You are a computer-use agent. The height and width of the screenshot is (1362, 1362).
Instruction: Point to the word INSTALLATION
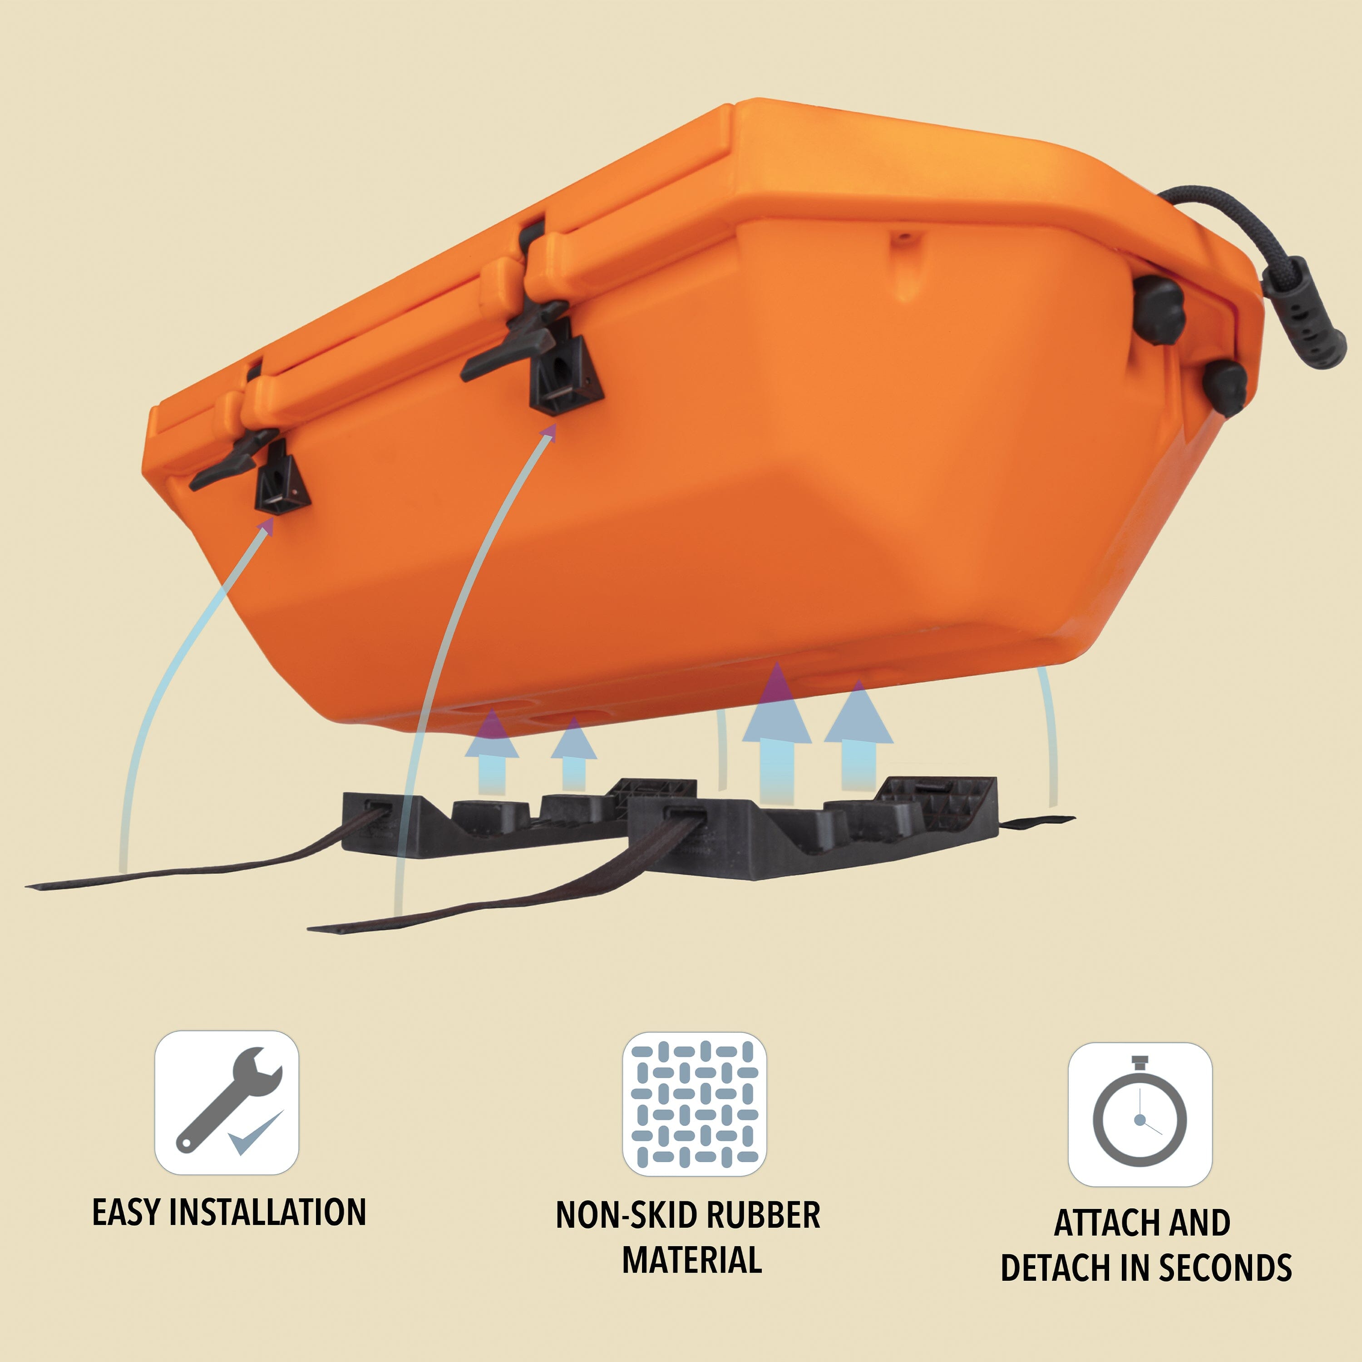click(268, 1212)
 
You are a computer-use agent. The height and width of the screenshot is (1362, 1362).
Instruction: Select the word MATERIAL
click(691, 1260)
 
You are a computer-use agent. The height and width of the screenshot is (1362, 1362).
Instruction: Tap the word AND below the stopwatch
click(1199, 1223)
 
